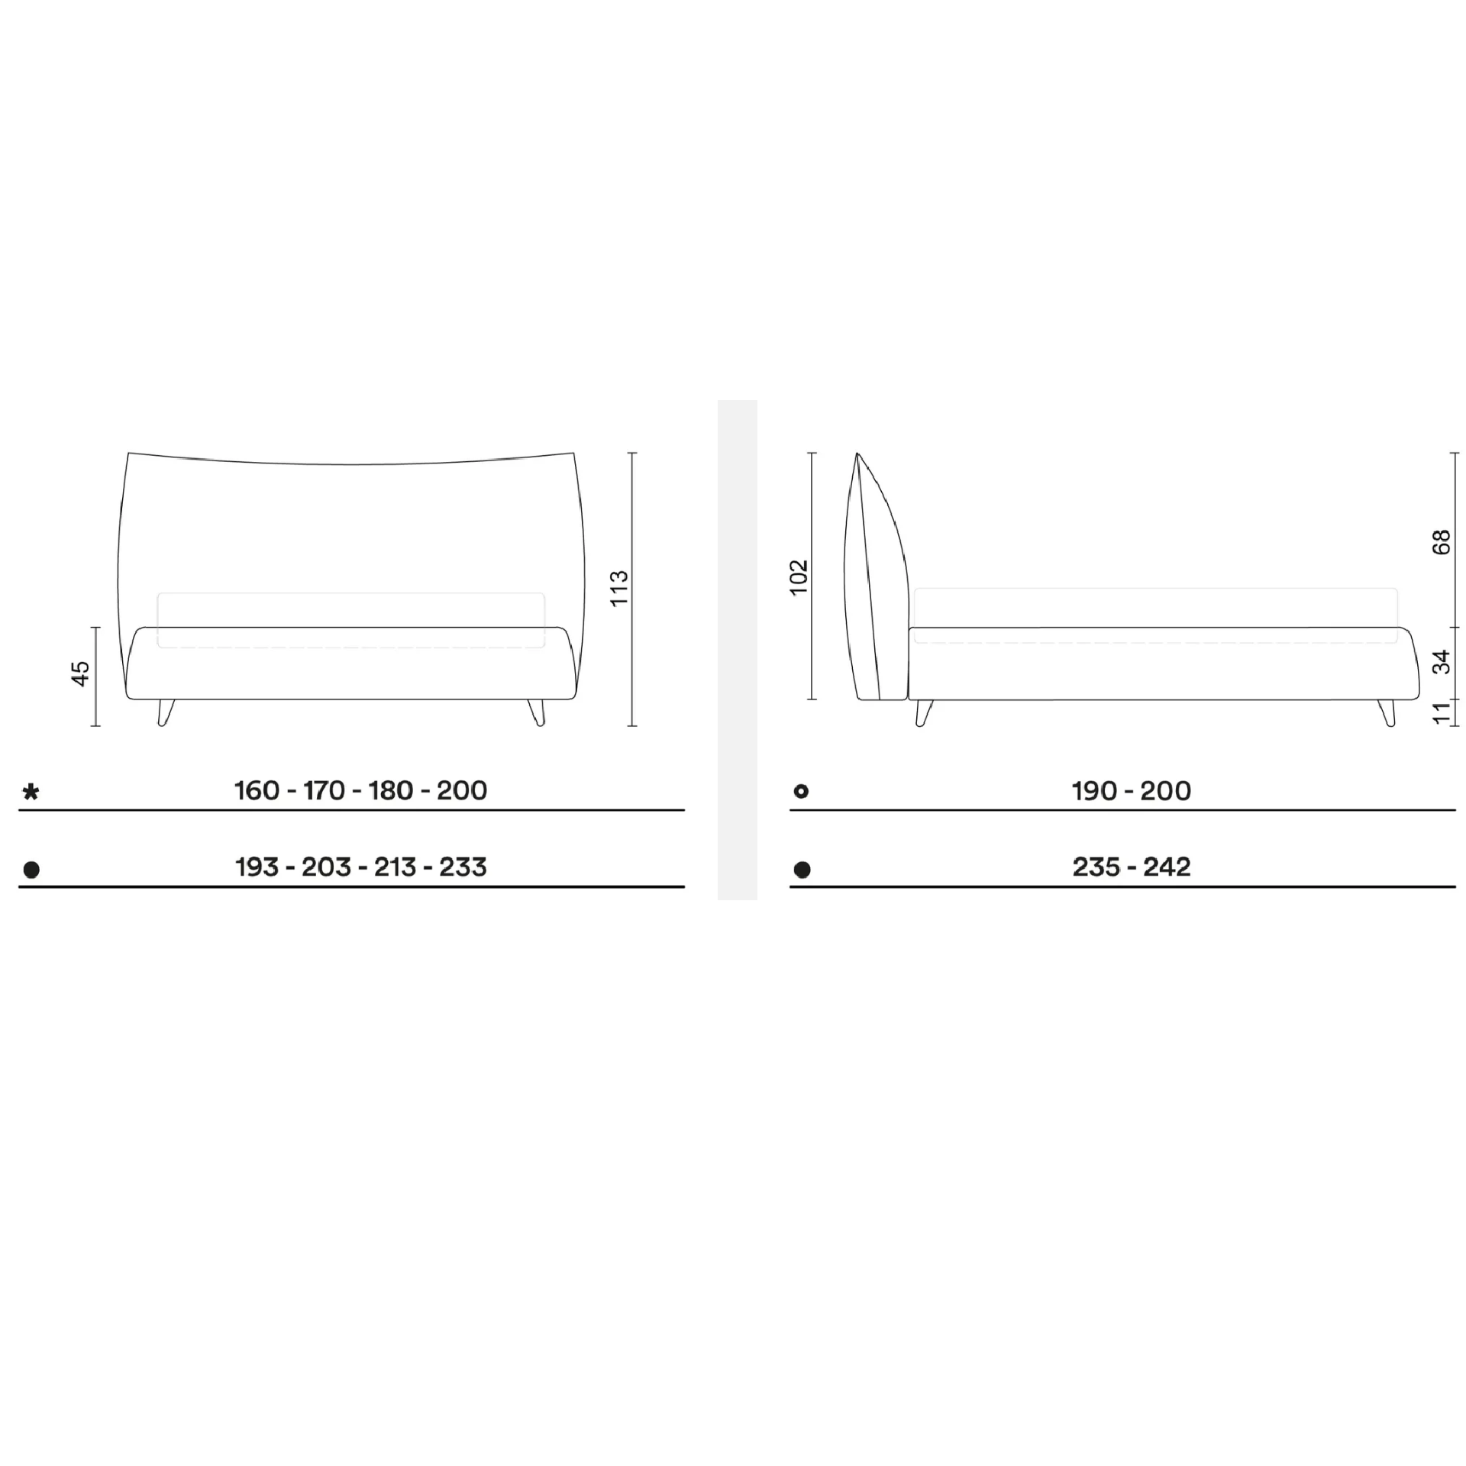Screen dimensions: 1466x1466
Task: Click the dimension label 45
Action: (81, 673)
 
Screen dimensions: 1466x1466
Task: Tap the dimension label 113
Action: (619, 588)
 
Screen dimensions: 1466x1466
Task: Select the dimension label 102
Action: (799, 577)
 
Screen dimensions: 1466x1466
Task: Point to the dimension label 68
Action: (1442, 542)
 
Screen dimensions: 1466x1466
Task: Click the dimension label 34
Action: (1442, 662)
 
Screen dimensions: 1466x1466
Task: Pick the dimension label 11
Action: (1442, 712)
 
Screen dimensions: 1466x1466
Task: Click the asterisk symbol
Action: (31, 792)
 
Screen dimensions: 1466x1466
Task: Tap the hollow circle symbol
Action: (801, 791)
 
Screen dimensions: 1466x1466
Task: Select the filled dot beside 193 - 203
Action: (31, 870)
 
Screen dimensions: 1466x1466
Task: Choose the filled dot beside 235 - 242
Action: (802, 870)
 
